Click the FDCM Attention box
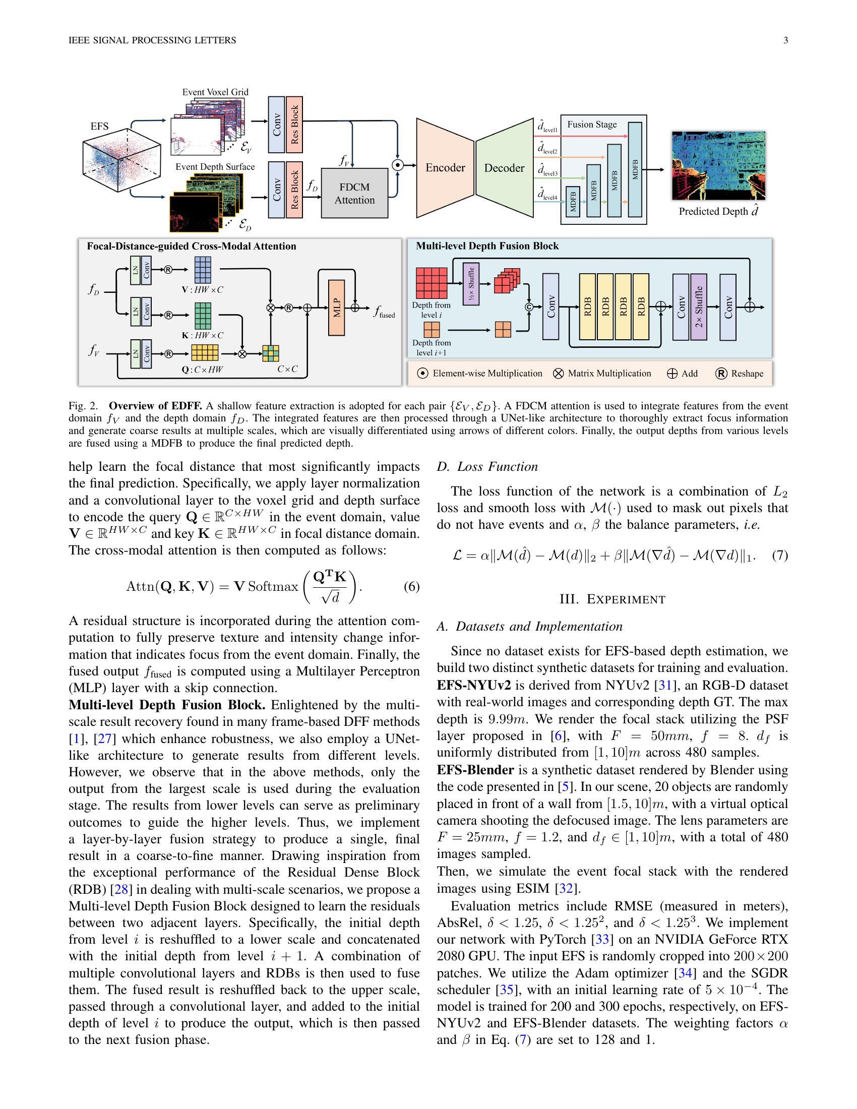(354, 194)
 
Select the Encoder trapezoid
(445, 168)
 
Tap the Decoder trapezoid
(504, 168)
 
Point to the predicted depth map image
(718, 165)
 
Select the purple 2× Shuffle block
(699, 306)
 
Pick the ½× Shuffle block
(471, 284)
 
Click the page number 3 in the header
(785, 40)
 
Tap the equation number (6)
(411, 586)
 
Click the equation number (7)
(780, 556)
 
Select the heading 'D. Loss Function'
(487, 467)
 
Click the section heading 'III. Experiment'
(613, 599)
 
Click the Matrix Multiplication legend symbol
(558, 374)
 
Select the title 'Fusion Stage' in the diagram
(591, 125)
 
